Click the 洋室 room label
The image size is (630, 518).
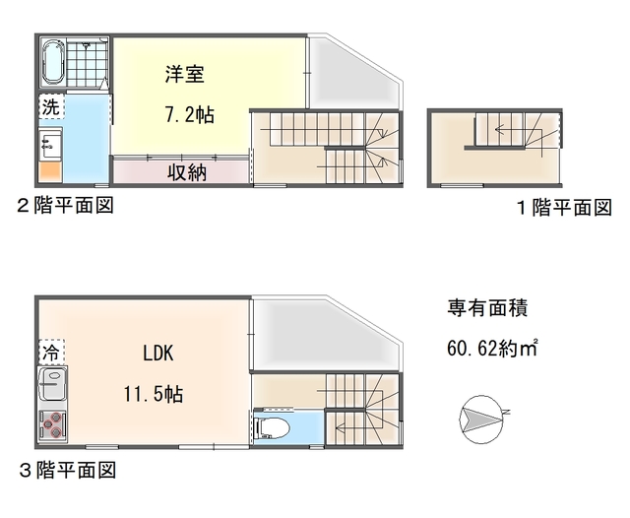tap(184, 74)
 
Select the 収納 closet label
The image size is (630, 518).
tap(185, 172)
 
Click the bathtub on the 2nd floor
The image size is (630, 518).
tap(52, 62)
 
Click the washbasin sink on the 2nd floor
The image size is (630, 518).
tap(50, 146)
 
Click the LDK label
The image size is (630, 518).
tap(157, 354)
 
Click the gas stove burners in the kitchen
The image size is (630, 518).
tap(52, 425)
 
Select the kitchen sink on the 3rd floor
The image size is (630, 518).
tap(52, 385)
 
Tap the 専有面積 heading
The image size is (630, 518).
tap(487, 307)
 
